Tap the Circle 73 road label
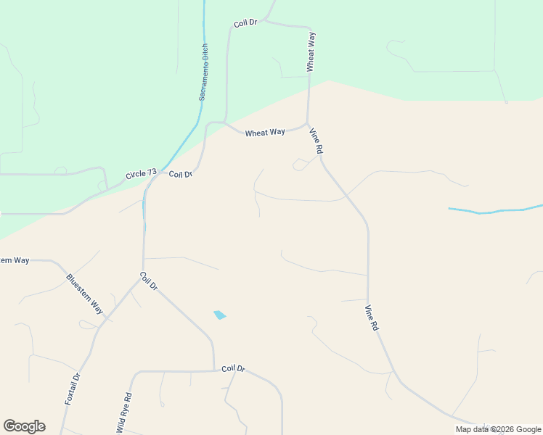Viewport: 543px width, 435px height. pos(141,174)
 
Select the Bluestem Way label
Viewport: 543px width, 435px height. pos(84,294)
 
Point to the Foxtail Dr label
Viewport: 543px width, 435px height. pos(71,389)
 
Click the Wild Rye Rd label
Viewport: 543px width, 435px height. pos(123,413)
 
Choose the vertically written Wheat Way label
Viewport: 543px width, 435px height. pos(311,51)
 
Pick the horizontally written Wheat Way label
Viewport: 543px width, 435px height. pos(265,133)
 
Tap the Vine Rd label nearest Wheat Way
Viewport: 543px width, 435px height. pos(316,141)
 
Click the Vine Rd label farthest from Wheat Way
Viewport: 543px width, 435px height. pos(371,318)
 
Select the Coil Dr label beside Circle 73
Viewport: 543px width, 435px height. pos(181,174)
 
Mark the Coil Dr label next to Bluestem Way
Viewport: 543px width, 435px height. pos(149,281)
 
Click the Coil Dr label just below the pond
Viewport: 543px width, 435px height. pos(233,368)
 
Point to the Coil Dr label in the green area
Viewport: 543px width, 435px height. pos(246,24)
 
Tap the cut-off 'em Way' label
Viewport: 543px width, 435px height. pos(15,260)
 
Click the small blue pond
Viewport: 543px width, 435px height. pos(219,315)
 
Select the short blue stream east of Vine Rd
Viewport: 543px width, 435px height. pos(494,212)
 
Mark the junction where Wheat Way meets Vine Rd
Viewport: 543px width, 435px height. pos(308,124)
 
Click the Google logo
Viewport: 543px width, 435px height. pos(24,426)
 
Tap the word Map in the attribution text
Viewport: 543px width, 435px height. pos(463,429)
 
